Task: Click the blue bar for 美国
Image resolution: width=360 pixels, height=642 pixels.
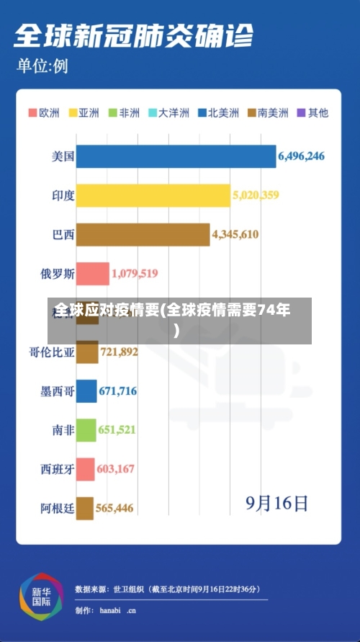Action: (x=176, y=156)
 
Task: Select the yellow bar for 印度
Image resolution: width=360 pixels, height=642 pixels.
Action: (x=153, y=195)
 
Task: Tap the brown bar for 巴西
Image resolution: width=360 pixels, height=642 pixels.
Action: (x=143, y=234)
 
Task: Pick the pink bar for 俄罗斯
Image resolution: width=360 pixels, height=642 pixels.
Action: (x=92, y=274)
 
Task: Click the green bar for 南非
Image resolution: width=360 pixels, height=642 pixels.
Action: (x=86, y=430)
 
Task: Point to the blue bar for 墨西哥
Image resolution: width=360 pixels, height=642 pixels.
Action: (x=86, y=391)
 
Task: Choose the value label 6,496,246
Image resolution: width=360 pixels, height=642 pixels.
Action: (x=301, y=156)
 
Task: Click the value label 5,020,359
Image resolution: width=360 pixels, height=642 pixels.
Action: (x=256, y=195)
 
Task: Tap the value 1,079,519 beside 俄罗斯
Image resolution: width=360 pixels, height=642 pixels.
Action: (x=135, y=274)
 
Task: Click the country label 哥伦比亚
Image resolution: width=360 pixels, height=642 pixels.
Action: (x=52, y=352)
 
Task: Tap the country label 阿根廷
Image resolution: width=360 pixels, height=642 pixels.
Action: (x=57, y=509)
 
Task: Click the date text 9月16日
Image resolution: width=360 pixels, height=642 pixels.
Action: (x=277, y=502)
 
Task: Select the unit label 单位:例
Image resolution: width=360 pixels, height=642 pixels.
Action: (x=42, y=67)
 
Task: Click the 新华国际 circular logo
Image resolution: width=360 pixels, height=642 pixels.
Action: (x=41, y=597)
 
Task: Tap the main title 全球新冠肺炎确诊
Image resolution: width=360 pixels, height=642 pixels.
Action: (x=133, y=34)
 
